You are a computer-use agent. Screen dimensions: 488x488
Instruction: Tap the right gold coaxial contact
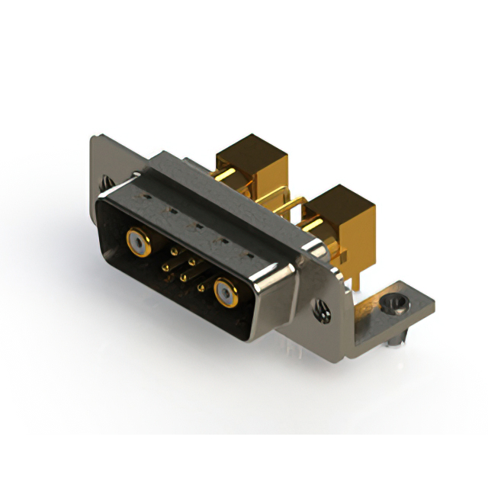point(225,291)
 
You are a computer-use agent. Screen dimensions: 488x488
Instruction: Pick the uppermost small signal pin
point(174,250)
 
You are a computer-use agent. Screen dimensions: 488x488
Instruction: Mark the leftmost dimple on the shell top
point(143,195)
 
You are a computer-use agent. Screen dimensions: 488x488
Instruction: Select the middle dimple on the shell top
point(194,225)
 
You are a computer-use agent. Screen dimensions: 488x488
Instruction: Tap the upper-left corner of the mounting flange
point(94,138)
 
